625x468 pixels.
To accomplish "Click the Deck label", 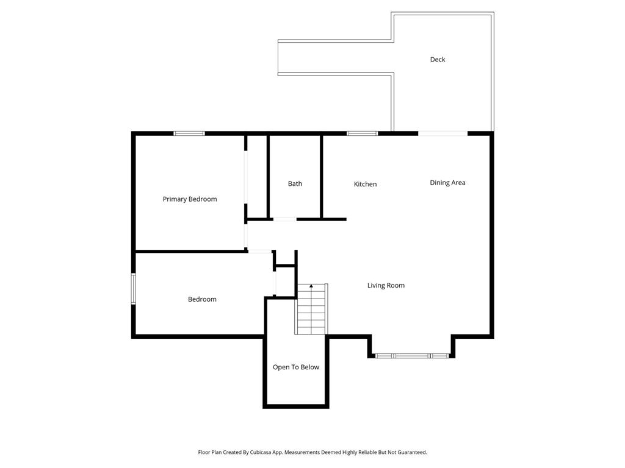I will pyautogui.click(x=438, y=59).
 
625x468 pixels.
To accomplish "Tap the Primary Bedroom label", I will pyautogui.click(x=189, y=199).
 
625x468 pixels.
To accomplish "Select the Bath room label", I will pyautogui.click(x=295, y=183).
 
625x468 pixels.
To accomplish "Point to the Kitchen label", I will pyautogui.click(x=365, y=184).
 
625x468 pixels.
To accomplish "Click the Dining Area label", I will pyautogui.click(x=447, y=182).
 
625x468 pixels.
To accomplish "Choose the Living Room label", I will pyautogui.click(x=386, y=285).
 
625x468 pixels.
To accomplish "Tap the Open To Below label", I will pyautogui.click(x=296, y=367).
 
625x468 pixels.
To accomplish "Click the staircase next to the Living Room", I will pyautogui.click(x=311, y=311).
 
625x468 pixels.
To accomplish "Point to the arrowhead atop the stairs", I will pyautogui.click(x=311, y=286).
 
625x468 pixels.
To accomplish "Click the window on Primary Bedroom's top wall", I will pyautogui.click(x=189, y=133).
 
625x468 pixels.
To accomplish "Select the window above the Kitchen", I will pyautogui.click(x=363, y=133).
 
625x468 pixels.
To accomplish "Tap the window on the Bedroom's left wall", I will pyautogui.click(x=134, y=288).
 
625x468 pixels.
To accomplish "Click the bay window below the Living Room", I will pyautogui.click(x=412, y=355).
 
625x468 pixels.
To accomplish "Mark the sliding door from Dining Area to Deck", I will pyautogui.click(x=443, y=133).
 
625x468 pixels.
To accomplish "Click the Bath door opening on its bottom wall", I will pyautogui.click(x=284, y=219).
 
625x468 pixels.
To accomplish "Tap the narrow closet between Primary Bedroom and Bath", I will pyautogui.click(x=257, y=177).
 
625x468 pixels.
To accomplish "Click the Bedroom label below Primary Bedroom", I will pyautogui.click(x=202, y=299).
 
